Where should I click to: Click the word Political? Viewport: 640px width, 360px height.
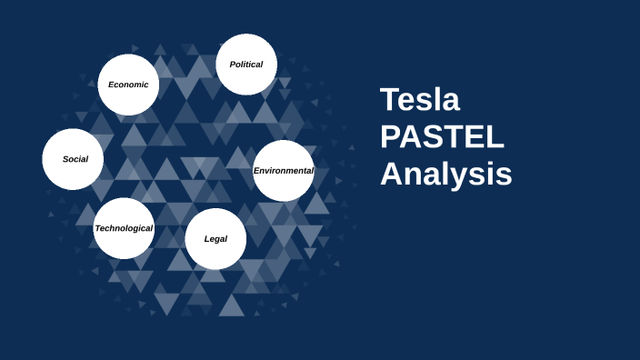click(x=246, y=65)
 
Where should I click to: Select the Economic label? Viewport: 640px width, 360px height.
click(x=128, y=85)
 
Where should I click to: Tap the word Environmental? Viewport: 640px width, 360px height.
click(x=284, y=170)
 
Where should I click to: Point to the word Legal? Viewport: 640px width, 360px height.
click(x=215, y=239)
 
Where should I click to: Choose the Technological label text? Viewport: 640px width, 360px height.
click(x=124, y=228)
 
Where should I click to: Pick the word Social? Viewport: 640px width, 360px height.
click(x=75, y=159)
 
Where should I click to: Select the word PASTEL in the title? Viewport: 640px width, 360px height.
click(x=442, y=136)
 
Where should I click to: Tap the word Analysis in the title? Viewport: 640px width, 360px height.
click(x=445, y=174)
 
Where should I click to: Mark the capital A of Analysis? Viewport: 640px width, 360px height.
click(x=392, y=174)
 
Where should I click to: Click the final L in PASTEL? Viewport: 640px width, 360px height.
click(x=495, y=136)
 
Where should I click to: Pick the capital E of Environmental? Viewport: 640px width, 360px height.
click(x=256, y=170)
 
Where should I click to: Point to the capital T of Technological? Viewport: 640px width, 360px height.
click(x=98, y=228)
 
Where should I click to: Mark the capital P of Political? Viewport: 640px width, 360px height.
click(x=233, y=65)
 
